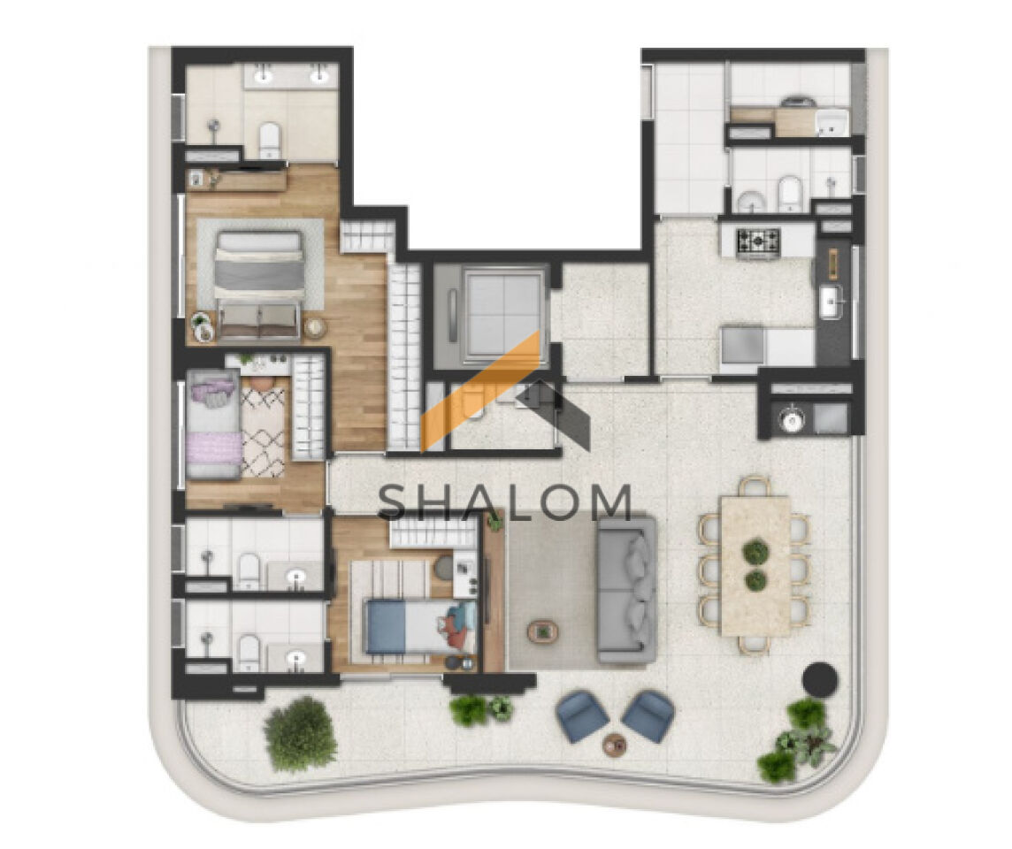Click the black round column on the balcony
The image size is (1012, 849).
coord(820,679)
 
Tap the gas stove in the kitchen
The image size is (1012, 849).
coord(758,242)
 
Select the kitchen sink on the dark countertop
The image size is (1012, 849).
coord(832,302)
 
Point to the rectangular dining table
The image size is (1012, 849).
coord(755,566)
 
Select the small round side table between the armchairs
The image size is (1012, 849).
coord(615,746)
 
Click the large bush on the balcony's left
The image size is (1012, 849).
coord(300,734)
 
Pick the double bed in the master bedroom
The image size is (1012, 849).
coord(259,285)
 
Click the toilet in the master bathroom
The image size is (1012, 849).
coord(270,140)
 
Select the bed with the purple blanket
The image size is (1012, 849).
coord(213,424)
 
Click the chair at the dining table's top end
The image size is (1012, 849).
coord(755,486)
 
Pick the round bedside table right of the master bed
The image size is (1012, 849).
coord(316,328)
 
